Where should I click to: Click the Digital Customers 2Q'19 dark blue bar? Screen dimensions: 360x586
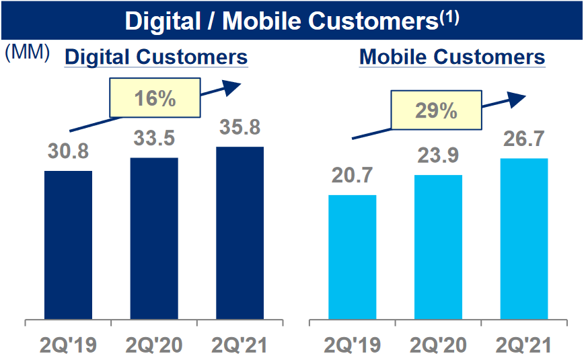(68, 245)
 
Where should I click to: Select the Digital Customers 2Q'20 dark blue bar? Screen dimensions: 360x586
(153, 238)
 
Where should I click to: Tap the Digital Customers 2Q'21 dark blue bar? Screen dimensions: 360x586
(240, 233)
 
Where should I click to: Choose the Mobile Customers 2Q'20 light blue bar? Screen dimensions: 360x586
(438, 247)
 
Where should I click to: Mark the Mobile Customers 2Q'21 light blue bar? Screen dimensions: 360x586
(523, 239)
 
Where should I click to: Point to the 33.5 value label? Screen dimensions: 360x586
(153, 139)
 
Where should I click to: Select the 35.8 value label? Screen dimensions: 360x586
(240, 127)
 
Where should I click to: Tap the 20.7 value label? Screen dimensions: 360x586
(352, 176)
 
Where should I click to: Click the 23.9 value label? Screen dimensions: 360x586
(438, 156)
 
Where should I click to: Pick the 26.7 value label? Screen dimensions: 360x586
(523, 139)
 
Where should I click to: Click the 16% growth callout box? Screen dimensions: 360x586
(154, 99)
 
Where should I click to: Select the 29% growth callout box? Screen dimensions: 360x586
(435, 110)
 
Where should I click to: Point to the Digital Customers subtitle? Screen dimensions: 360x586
(156, 57)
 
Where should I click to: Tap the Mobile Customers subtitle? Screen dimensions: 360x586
(452, 57)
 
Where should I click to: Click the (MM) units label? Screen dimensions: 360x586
(27, 53)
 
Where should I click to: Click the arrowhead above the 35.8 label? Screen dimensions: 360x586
(232, 85)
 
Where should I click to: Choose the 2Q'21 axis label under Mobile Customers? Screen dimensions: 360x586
(523, 346)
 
